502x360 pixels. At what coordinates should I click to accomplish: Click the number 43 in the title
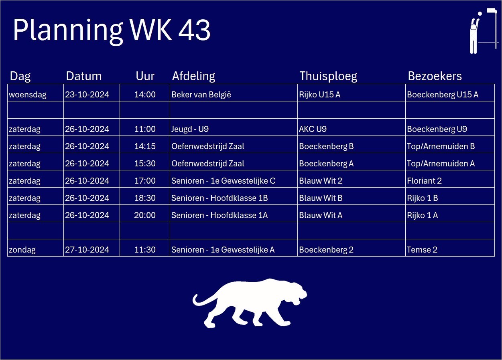(194, 30)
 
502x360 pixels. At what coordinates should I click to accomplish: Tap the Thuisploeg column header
(328, 76)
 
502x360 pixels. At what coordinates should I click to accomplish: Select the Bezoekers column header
(435, 76)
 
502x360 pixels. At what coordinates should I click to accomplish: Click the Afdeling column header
(193, 76)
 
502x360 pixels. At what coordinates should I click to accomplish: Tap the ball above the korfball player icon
(480, 14)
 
